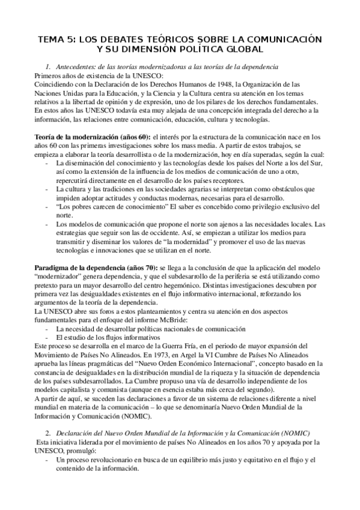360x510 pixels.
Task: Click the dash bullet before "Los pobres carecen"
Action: coord(47,206)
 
